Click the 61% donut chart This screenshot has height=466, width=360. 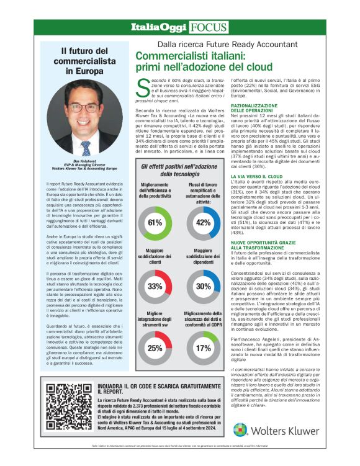coord(155,222)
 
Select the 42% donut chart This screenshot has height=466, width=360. coord(203,222)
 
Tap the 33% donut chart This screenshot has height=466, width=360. coord(155,286)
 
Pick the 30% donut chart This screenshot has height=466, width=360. coord(203,286)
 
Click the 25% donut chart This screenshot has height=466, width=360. coord(155,348)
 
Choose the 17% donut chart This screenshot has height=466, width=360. coord(203,348)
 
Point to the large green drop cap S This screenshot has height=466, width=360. coord(142,87)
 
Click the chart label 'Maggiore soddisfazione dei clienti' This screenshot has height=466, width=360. coord(155,258)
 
